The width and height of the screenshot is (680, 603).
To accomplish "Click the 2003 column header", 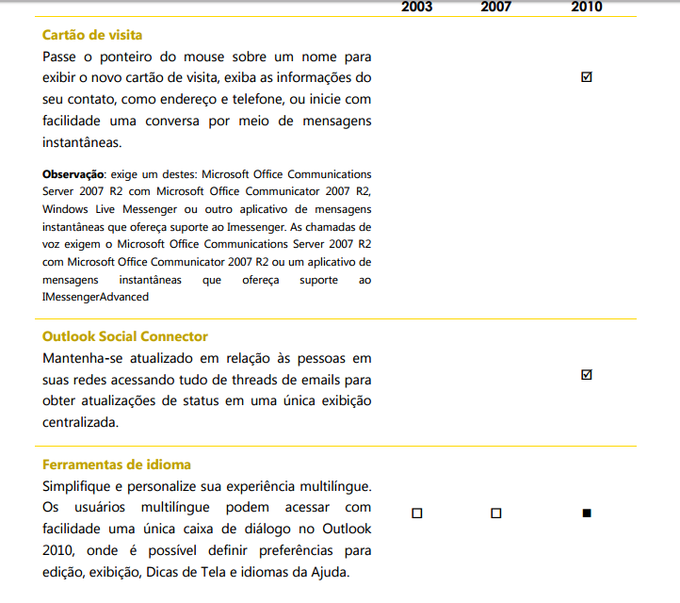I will [x=417, y=7].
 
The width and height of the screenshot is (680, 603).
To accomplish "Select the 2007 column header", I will [x=496, y=7].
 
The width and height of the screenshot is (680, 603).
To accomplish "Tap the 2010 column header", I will [x=586, y=7].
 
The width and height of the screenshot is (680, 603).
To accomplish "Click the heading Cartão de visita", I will [x=92, y=35].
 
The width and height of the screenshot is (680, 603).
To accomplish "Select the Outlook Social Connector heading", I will [x=125, y=336].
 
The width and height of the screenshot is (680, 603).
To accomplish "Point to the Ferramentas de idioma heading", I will [x=117, y=464].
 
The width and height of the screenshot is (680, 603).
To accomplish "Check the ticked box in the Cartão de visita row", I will [x=587, y=77].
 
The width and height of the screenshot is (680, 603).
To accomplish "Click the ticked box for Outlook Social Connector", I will [x=587, y=375].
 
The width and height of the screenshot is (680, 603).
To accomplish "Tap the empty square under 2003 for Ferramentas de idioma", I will [x=417, y=513].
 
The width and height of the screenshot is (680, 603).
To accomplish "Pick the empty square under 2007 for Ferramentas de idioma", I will [x=496, y=513].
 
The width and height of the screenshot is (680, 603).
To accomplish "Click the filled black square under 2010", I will [x=587, y=513].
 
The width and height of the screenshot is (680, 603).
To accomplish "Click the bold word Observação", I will [x=73, y=174].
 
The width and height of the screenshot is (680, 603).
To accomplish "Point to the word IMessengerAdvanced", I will [x=95, y=297].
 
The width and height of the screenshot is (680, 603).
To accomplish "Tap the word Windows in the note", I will [x=64, y=208].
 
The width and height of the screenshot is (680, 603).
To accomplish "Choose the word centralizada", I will [x=81, y=422].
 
